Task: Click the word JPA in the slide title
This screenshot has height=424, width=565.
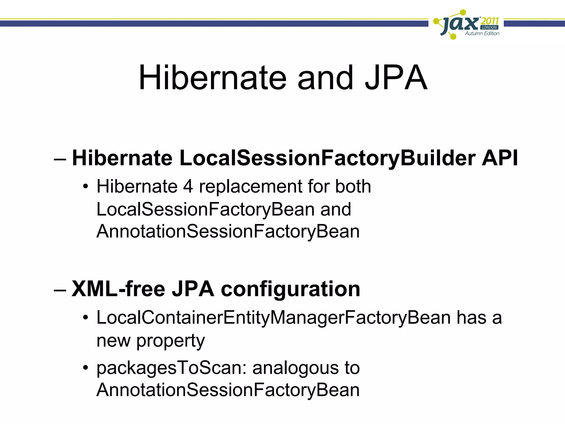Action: tap(396, 78)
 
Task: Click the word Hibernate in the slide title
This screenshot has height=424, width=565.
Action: tap(212, 78)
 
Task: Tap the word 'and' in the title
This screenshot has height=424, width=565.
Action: tap(325, 78)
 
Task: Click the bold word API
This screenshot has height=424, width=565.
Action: tap(500, 158)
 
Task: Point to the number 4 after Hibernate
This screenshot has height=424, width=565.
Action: tap(188, 187)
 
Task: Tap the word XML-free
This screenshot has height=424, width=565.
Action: tap(118, 289)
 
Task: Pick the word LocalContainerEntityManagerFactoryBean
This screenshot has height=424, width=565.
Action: tap(273, 318)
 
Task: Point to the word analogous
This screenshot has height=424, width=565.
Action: tap(295, 368)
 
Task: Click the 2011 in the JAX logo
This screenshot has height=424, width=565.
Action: tap(490, 21)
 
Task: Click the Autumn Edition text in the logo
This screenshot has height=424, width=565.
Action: tap(482, 33)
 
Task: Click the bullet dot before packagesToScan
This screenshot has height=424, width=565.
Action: tap(86, 368)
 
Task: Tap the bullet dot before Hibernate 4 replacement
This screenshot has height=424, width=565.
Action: tap(86, 186)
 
